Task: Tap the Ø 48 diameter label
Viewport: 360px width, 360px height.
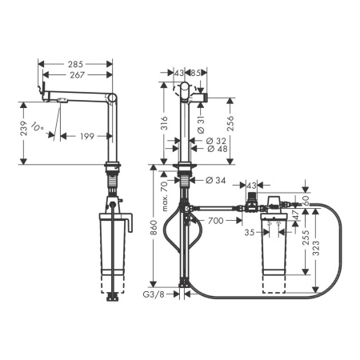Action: point(217,148)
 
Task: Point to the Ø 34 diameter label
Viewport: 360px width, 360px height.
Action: point(216,180)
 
